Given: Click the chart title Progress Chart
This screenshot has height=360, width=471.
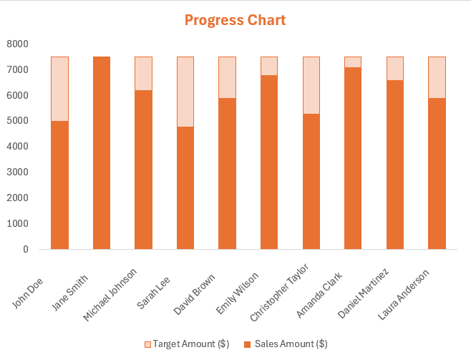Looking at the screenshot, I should click(x=235, y=20).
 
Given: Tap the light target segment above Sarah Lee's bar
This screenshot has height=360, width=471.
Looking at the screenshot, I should click(x=185, y=92).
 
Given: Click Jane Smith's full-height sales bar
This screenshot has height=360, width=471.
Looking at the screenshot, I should click(x=102, y=153).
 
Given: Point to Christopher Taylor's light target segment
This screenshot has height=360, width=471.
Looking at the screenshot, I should click(x=311, y=85).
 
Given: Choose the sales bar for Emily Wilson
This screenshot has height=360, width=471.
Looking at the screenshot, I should click(x=269, y=162).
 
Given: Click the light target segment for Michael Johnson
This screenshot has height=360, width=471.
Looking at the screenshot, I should click(x=144, y=74).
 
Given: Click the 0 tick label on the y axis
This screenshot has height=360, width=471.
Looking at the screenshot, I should click(x=24, y=249).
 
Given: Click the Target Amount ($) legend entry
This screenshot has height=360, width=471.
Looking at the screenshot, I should click(x=187, y=344).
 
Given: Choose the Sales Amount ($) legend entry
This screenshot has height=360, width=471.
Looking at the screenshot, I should click(x=286, y=344).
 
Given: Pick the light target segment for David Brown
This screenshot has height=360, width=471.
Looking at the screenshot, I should click(x=227, y=77).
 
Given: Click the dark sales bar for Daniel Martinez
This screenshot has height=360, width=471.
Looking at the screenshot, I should click(x=394, y=165).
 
